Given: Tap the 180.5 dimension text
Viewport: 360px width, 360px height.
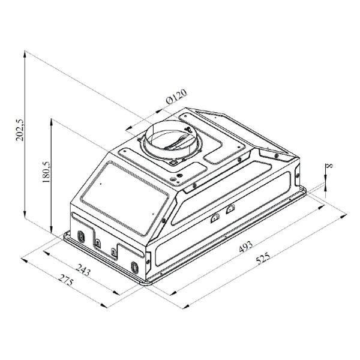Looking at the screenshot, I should click(x=46, y=171).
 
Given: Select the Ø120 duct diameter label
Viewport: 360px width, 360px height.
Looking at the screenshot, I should click(x=176, y=97).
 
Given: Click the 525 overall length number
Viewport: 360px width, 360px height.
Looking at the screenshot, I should click(x=263, y=259).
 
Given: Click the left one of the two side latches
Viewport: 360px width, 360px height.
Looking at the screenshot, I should click(x=215, y=217).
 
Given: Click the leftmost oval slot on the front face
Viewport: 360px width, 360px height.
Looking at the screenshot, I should click(x=77, y=235).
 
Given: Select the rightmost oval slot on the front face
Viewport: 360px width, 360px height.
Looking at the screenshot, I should click(x=134, y=266).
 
